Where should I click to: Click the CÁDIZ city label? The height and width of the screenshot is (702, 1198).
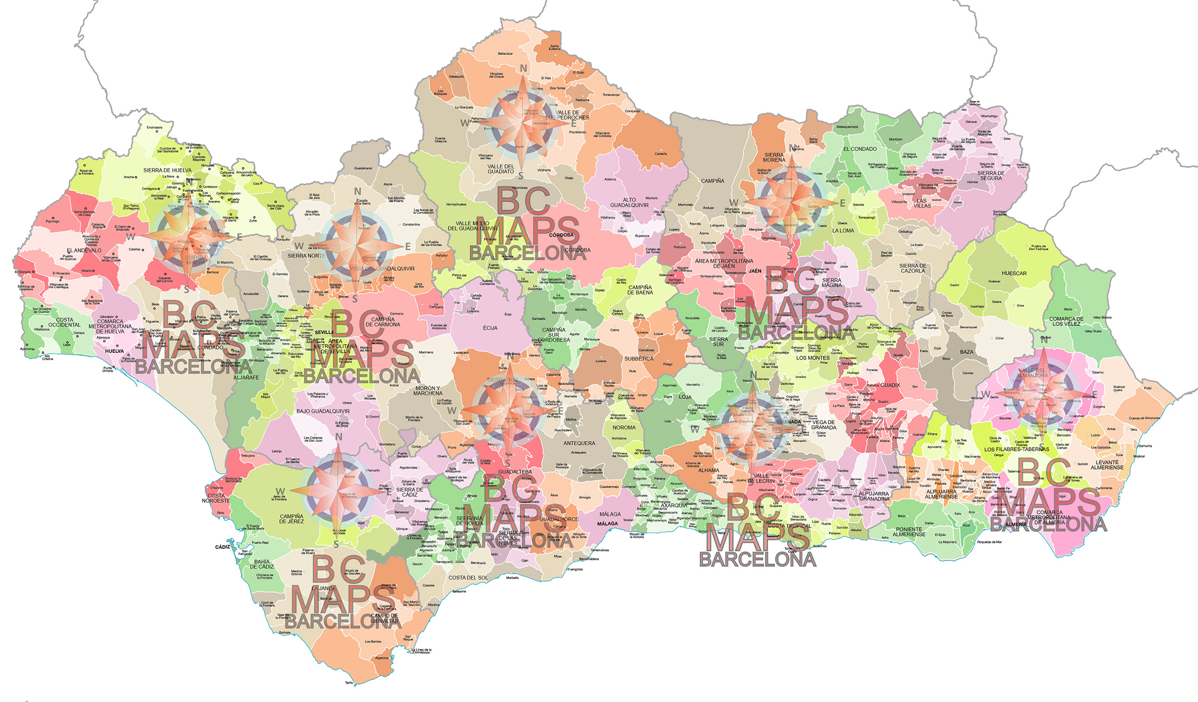click(222, 547)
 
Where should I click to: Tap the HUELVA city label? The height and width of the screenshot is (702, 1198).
click(114, 351)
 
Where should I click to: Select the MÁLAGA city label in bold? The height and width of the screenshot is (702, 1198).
click(607, 524)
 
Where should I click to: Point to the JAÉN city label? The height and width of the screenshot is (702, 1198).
click(755, 271)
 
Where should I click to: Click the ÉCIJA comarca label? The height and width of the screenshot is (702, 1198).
click(490, 328)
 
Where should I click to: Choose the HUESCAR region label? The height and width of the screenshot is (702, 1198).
click(1014, 273)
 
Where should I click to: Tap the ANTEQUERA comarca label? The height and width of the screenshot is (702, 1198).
click(579, 443)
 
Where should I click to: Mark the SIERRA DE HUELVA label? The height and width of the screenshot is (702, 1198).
click(167, 171)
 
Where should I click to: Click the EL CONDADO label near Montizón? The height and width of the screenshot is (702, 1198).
click(860, 149)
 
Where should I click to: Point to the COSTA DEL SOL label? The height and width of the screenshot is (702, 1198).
click(469, 577)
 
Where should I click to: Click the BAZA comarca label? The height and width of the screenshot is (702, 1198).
click(967, 352)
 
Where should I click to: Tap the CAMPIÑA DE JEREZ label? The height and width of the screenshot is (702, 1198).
click(292, 519)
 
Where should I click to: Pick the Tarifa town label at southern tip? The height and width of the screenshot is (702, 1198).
click(349, 683)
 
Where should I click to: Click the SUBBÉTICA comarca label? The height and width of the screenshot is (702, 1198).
click(639, 359)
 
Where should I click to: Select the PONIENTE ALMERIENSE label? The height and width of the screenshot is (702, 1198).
click(909, 531)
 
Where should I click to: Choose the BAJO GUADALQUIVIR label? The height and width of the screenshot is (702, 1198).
click(323, 411)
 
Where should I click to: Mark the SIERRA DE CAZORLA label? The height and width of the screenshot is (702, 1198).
click(913, 268)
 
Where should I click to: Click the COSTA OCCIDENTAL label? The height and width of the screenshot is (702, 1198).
click(64, 322)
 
